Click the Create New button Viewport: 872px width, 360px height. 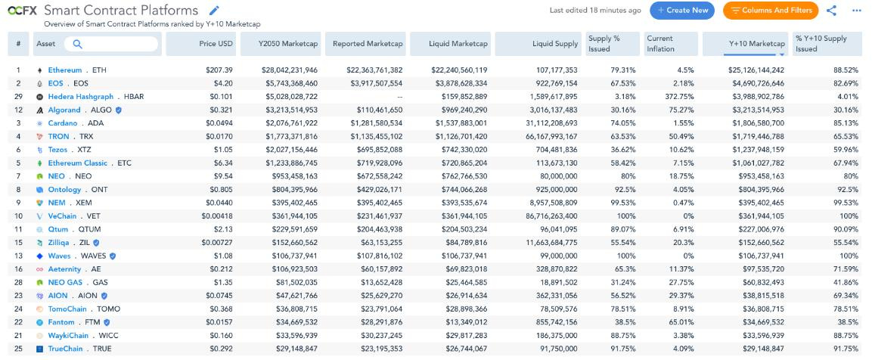point(682,11)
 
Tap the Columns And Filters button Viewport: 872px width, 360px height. point(771,11)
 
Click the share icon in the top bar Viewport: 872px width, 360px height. point(831,11)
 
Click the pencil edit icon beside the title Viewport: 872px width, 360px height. point(214,10)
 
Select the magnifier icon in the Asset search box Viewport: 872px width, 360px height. point(77,44)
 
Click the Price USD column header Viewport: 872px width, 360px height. point(217,44)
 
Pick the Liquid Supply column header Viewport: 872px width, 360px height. point(555,44)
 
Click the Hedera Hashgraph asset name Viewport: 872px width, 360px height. point(81,96)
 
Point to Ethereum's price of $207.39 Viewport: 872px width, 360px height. point(219,70)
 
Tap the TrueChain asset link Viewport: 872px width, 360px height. point(65,349)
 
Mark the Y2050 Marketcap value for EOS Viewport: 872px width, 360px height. point(289,83)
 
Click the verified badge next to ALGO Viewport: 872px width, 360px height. point(118,110)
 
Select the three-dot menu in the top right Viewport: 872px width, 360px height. point(856,11)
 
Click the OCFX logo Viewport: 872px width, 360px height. point(22,11)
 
